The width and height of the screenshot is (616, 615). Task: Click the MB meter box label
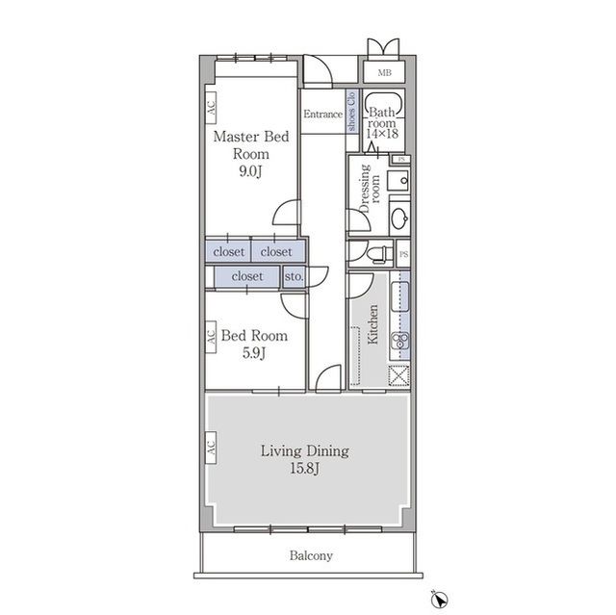pos(384,72)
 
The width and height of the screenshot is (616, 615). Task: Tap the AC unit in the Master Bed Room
pos(211,108)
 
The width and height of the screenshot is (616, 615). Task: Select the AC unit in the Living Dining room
pos(211,448)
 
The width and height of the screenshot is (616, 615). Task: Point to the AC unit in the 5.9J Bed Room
pos(211,337)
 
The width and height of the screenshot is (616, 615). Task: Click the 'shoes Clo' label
pos(351,111)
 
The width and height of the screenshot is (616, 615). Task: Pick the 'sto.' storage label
pos(294,276)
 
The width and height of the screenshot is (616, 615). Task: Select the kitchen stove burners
pos(400,340)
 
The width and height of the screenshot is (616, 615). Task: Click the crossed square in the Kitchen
pos(398,375)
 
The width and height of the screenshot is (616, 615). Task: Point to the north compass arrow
pos(440,600)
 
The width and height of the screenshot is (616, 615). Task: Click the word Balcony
pos(311,555)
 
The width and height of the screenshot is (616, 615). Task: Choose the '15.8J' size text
pos(305,469)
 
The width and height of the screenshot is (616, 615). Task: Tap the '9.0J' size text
pos(250,171)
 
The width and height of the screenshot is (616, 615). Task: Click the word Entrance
pos(323,115)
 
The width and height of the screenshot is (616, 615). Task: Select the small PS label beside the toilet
pos(403,254)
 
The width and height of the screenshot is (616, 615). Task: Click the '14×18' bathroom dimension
pos(382,134)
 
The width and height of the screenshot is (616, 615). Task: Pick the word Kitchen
pos(372,324)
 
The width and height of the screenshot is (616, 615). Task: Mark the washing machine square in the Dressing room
pos(398,181)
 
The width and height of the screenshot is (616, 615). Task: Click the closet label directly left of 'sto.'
pos(247,276)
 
